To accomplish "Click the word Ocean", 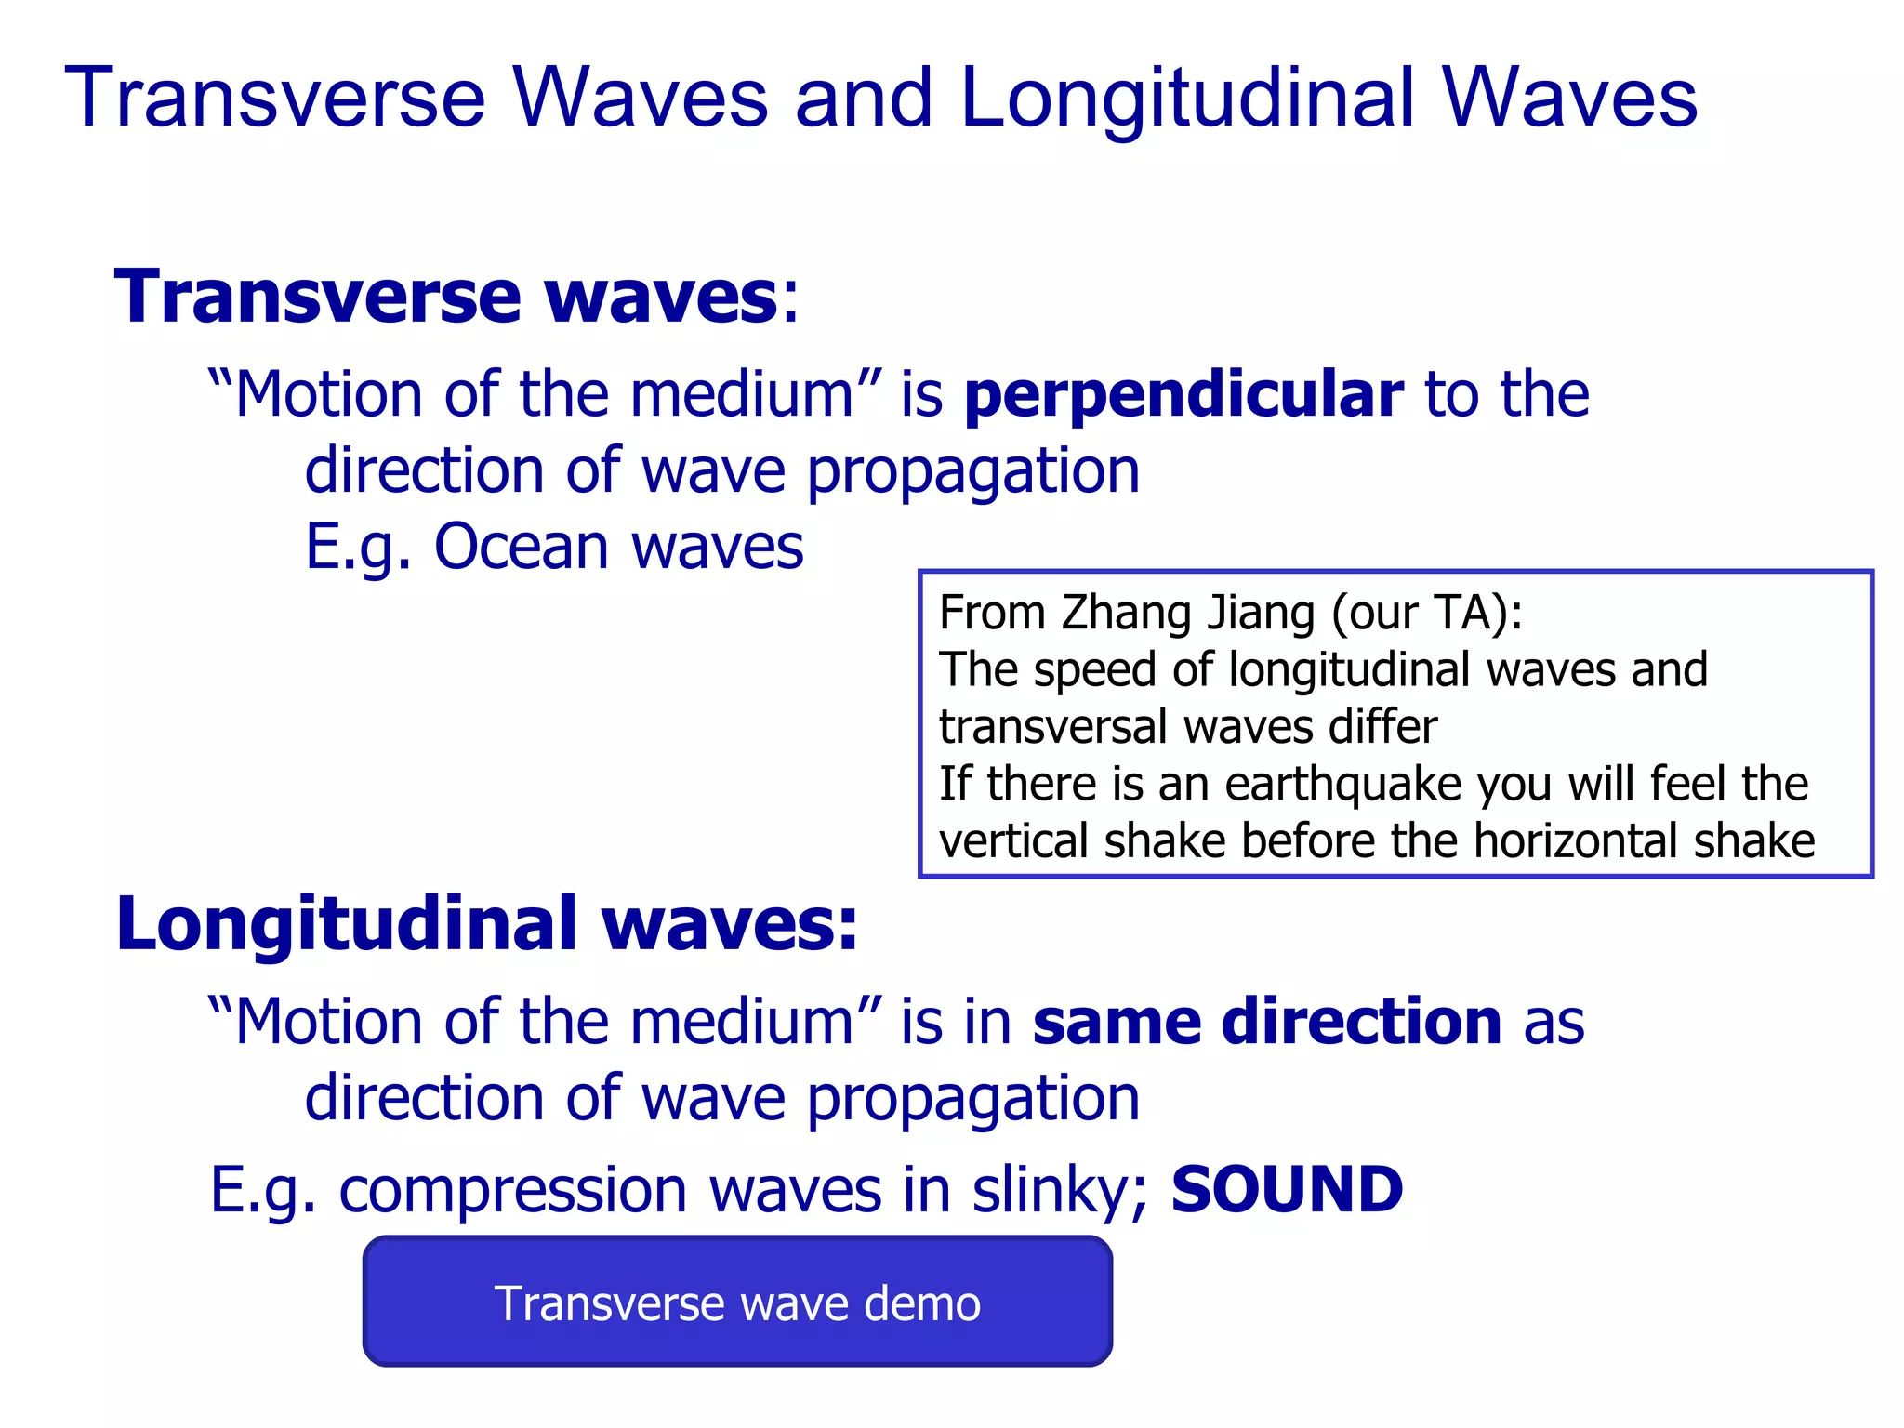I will (522, 547).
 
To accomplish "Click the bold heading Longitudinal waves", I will (486, 924).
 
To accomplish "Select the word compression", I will (512, 1190).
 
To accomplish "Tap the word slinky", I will (1059, 1190).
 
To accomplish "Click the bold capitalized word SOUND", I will (1287, 1190).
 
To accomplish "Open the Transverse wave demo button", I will (737, 1302).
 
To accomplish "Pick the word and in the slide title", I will (863, 99).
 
